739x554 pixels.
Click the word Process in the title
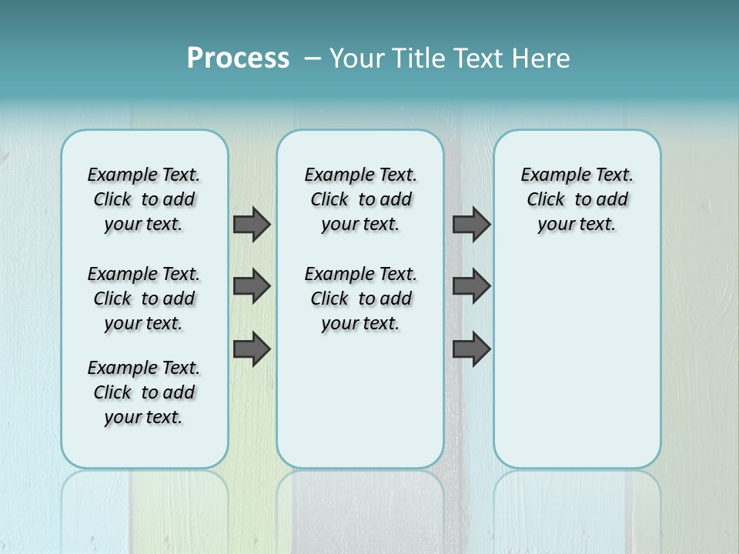point(238,58)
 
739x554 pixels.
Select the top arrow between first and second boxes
point(252,224)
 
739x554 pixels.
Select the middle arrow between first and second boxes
point(252,286)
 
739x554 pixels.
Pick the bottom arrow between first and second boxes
point(252,349)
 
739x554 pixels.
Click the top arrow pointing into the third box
point(471,224)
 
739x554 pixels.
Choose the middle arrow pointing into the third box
point(471,286)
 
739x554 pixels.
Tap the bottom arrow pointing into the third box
point(471,349)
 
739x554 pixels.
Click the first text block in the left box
point(144,199)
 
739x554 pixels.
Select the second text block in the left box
point(144,299)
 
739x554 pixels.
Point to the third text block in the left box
point(144,392)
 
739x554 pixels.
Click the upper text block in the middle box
point(360,199)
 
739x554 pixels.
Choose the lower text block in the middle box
point(360,299)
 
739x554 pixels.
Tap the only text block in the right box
point(577,199)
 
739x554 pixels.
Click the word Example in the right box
point(550,175)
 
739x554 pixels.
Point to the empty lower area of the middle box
point(360,400)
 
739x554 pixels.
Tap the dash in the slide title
point(313,58)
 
